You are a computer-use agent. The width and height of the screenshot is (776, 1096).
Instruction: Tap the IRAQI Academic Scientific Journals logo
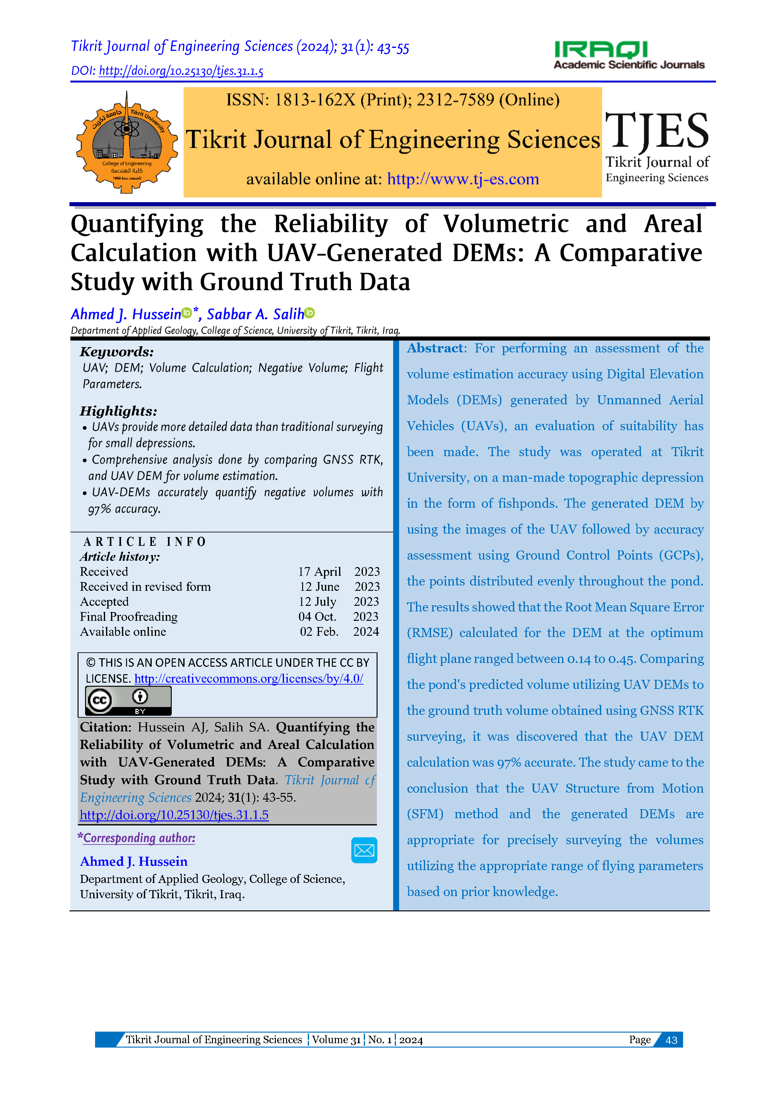[629, 55]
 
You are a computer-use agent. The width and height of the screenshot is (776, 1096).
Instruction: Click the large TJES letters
[657, 130]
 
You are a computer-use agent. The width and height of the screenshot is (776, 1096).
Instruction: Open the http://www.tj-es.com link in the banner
[463, 179]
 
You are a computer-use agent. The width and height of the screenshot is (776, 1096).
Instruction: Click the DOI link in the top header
[181, 71]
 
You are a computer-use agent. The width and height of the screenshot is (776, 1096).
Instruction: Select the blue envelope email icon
[364, 850]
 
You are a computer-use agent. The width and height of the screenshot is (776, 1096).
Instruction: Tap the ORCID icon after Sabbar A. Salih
[310, 313]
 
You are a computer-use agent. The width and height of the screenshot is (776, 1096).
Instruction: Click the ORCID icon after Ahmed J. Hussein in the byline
[187, 313]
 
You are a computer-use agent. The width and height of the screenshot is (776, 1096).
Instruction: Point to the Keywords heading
[117, 352]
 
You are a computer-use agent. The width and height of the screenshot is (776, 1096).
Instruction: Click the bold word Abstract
[434, 348]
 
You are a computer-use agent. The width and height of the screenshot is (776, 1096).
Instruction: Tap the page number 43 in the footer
[671, 1040]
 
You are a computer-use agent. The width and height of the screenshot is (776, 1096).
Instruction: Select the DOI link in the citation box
[174, 815]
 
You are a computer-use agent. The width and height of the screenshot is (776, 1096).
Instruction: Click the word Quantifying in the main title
[137, 224]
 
